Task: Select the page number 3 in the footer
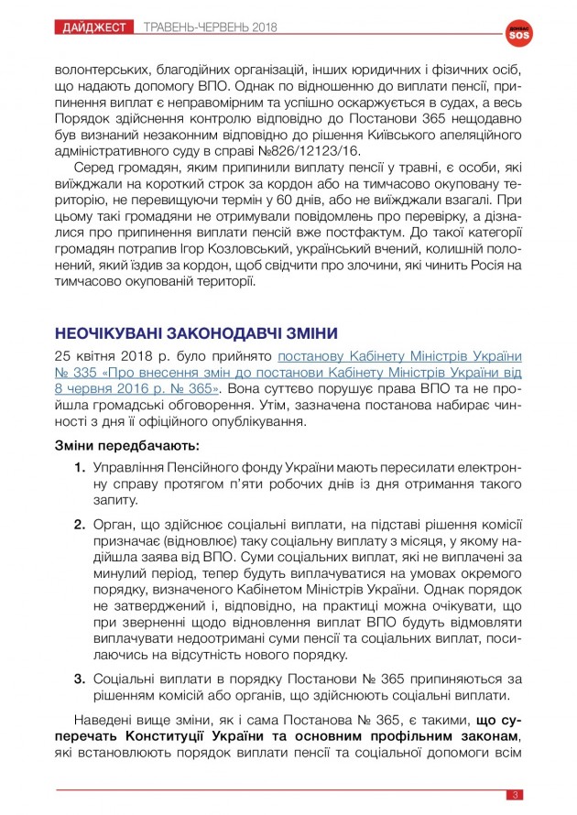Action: click(x=516, y=794)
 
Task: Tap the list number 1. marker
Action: click(x=81, y=468)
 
